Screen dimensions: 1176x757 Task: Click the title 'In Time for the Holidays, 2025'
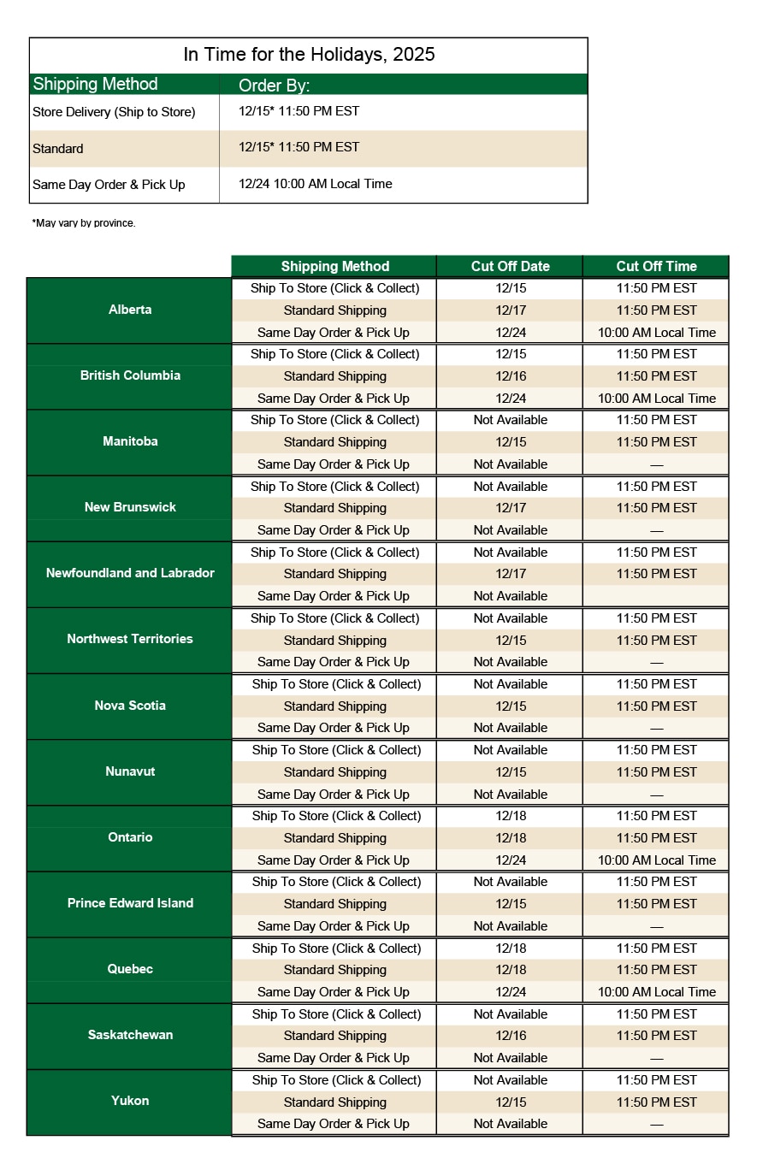[309, 55]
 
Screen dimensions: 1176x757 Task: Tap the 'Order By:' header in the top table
[274, 86]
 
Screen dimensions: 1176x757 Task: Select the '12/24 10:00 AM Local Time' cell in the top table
[316, 184]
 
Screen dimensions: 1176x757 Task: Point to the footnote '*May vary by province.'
[84, 223]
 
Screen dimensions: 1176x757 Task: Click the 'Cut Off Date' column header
[510, 266]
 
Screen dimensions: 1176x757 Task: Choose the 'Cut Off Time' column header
[656, 266]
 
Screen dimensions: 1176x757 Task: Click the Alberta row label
[130, 310]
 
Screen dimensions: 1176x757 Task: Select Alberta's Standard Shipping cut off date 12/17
[511, 310]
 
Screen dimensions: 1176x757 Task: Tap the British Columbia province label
[130, 375]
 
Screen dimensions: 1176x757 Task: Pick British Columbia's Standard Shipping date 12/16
[511, 376]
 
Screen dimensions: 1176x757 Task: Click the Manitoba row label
[130, 441]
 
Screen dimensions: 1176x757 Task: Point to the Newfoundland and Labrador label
[130, 573]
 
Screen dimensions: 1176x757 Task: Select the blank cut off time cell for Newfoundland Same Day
[656, 596]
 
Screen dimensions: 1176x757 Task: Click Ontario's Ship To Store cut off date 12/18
[511, 816]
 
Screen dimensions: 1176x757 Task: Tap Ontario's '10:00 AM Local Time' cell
[656, 860]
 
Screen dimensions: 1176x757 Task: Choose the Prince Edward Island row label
[130, 903]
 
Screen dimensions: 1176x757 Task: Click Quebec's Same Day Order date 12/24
[511, 992]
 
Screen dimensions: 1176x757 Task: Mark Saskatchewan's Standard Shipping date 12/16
[511, 1036]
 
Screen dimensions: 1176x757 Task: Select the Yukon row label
[130, 1101]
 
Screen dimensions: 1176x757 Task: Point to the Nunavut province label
[130, 771]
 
